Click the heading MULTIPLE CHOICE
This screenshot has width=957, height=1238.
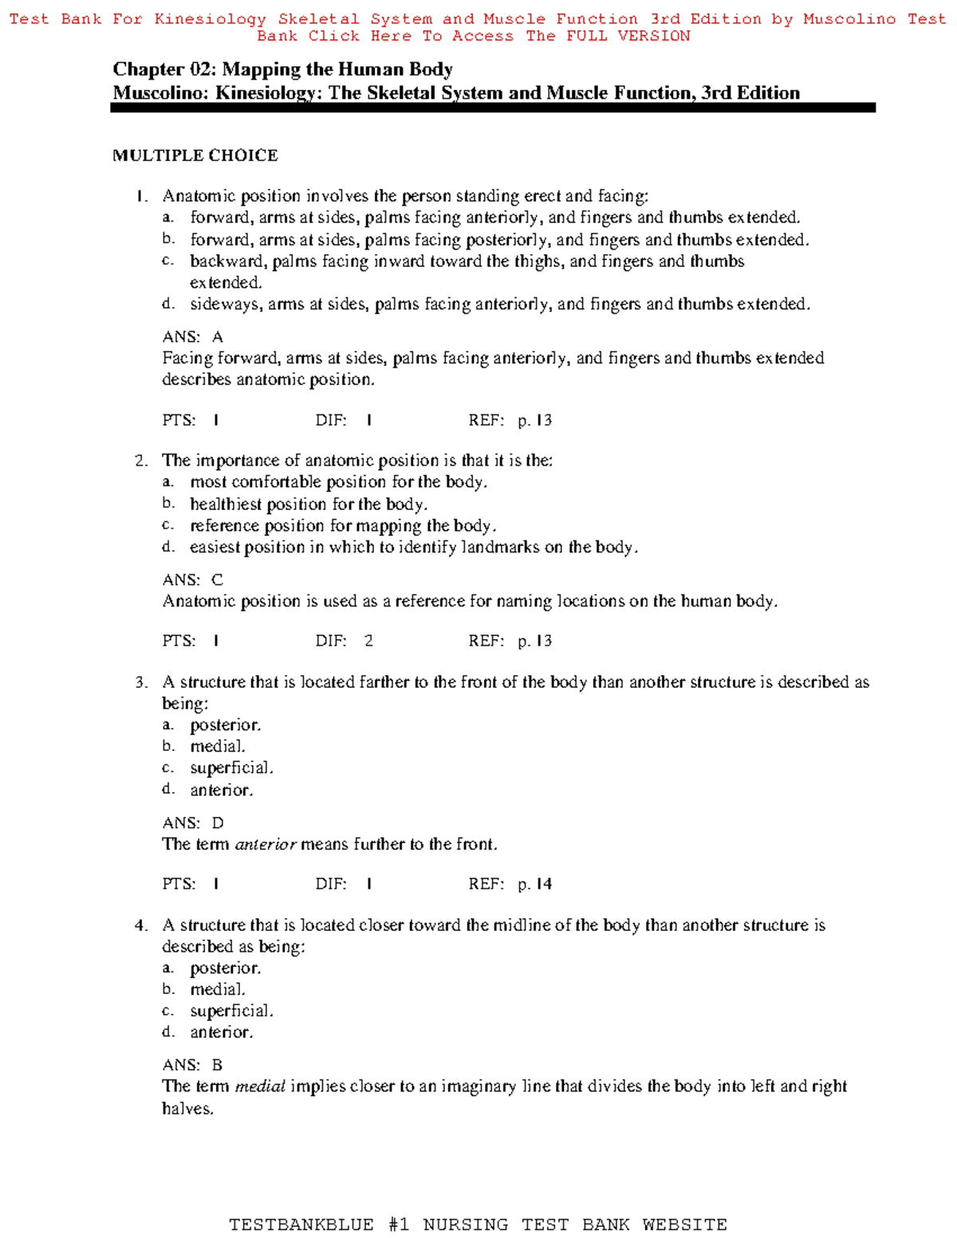[195, 155]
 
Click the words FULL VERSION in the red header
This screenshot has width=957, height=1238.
[628, 36]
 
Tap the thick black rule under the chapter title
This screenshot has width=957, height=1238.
[492, 108]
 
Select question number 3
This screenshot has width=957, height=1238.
[141, 682]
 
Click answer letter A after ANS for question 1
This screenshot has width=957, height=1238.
[217, 336]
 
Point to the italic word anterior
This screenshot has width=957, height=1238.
[266, 844]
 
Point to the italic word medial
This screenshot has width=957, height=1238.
[260, 1087]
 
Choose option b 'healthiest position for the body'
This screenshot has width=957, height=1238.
[308, 505]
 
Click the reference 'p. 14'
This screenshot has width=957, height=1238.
[534, 884]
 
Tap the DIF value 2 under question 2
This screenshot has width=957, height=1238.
[368, 641]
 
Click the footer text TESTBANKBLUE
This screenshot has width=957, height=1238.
[301, 1224]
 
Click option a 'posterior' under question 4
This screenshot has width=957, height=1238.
[225, 969]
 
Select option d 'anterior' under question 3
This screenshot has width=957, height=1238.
[221, 790]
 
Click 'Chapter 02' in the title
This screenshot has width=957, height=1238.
[160, 69]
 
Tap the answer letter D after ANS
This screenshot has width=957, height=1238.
[218, 823]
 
